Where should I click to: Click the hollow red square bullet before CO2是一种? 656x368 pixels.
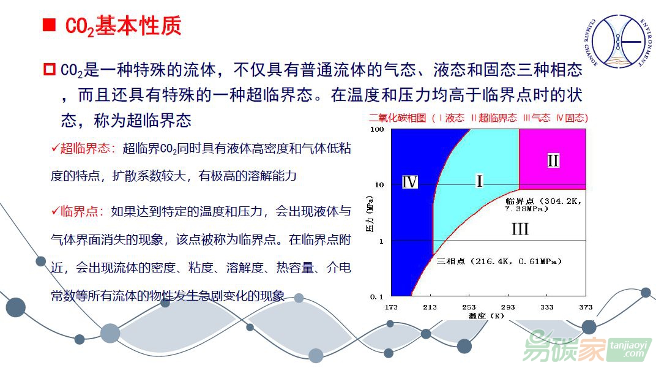click(x=50, y=69)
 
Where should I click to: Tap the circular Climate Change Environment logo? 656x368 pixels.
click(x=618, y=41)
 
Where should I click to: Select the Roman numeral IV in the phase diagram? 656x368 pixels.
click(x=409, y=182)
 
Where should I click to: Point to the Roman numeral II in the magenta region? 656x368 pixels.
click(x=553, y=160)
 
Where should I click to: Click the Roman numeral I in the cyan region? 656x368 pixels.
click(x=479, y=181)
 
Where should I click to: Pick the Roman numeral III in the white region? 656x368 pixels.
click(x=520, y=229)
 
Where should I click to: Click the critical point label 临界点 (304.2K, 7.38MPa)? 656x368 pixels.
click(x=543, y=205)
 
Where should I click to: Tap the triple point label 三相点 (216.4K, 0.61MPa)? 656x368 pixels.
click(x=499, y=261)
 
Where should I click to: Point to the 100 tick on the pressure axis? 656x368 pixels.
click(x=377, y=129)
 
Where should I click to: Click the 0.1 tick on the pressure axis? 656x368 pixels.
click(x=376, y=297)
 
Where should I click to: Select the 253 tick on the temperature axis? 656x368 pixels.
click(x=469, y=307)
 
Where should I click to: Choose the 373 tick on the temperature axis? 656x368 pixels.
click(x=586, y=307)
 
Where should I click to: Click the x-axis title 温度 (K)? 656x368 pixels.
click(x=486, y=316)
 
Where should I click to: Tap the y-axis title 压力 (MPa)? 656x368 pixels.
click(x=370, y=214)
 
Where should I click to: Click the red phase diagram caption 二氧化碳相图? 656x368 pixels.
click(x=397, y=118)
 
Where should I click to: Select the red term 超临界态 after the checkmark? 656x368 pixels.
click(x=84, y=148)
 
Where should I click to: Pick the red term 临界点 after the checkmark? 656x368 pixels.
click(x=79, y=211)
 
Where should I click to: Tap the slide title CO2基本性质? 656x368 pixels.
click(x=124, y=26)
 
